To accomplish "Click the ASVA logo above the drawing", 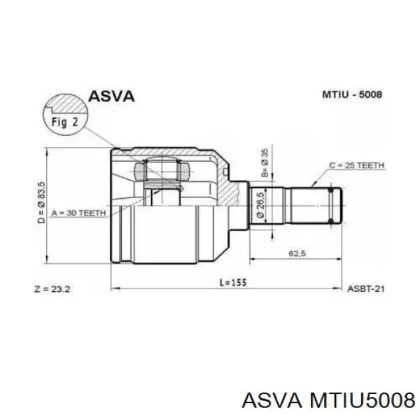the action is coord(111,96).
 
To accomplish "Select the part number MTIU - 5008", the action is coord(352,94).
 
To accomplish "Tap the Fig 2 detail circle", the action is coord(65,115).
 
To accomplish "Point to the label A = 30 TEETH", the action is coord(78,213).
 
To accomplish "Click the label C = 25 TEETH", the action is coord(356,165).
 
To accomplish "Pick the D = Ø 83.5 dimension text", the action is coord(41,202).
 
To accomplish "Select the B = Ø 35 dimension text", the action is coord(265,162).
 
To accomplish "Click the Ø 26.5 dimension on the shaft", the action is coord(260,204).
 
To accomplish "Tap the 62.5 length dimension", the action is coord(297,253).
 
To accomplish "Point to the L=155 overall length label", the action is coord(233,282).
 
